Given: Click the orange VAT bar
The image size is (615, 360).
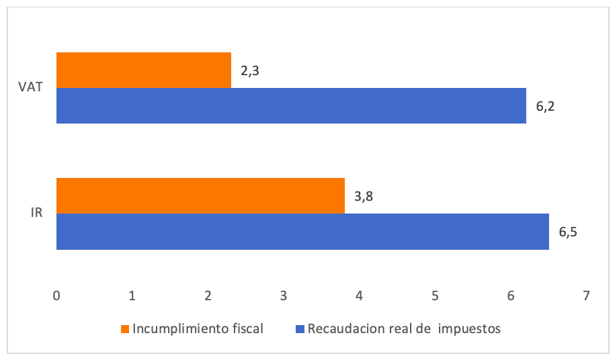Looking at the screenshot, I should pos(144,70).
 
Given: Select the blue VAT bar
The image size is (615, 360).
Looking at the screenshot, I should pos(291,105).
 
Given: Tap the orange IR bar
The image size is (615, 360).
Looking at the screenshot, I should pos(200,195).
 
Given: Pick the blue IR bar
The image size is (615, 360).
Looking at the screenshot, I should pos(302,232).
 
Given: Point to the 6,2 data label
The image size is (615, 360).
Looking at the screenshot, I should pos(545,107).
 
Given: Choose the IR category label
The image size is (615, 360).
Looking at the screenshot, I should pos(38,214).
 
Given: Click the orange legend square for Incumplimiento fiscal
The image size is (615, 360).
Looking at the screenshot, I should pos(125,329).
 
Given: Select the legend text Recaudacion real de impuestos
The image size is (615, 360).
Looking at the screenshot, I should pos(404,329).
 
